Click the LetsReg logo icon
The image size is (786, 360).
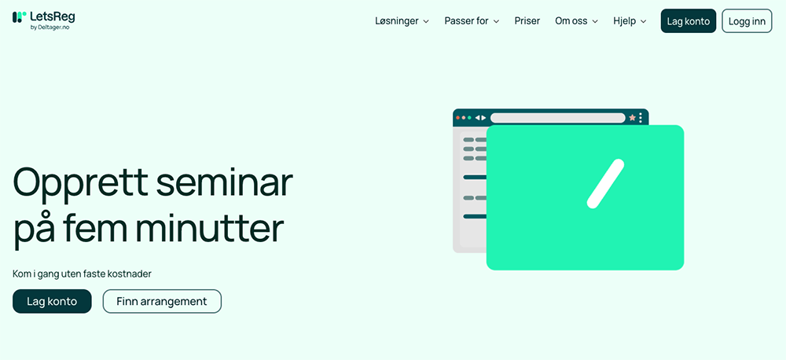coord(19,17)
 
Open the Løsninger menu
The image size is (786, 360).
coord(402,21)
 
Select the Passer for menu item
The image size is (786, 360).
coord(472,21)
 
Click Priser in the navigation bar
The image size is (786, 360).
coord(527,21)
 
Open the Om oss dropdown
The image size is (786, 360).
coord(576,21)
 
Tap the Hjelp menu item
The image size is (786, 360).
coord(630,21)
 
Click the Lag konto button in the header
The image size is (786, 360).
coord(689,21)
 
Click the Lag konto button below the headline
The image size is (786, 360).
coord(52,301)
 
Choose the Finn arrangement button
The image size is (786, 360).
coord(162,301)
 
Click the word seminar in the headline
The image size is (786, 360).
coord(223,182)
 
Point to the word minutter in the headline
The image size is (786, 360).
coord(210,229)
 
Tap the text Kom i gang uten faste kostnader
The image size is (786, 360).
coord(82,274)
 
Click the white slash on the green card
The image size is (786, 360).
coord(605,183)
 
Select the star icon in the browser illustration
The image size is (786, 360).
coord(632,118)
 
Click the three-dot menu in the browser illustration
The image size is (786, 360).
coord(641,118)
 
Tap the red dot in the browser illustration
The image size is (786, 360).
coord(457,118)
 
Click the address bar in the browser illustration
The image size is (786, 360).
coord(558,118)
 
